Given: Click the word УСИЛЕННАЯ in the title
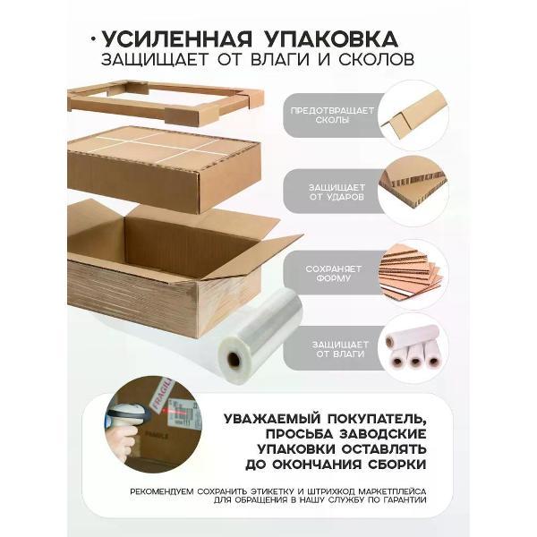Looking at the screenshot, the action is [x=176, y=38].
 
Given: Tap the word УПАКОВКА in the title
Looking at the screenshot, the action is [x=331, y=38].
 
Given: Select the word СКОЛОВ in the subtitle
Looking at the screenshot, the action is [x=377, y=59].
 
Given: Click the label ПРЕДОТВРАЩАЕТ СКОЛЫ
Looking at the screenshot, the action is [x=332, y=115].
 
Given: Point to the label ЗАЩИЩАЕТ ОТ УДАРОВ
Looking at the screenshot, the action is [x=337, y=192].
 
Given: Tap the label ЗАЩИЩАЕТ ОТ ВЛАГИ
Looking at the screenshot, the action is [x=340, y=349].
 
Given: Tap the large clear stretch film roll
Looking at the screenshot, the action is [x=261, y=335].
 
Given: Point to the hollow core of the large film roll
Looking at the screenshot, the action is [x=234, y=359].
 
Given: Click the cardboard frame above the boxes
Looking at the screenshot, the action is [x=166, y=103].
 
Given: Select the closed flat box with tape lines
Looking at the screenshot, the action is [x=165, y=168].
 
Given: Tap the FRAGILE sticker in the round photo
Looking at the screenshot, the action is [x=162, y=396].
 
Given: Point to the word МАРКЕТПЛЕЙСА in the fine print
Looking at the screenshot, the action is [x=391, y=491].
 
